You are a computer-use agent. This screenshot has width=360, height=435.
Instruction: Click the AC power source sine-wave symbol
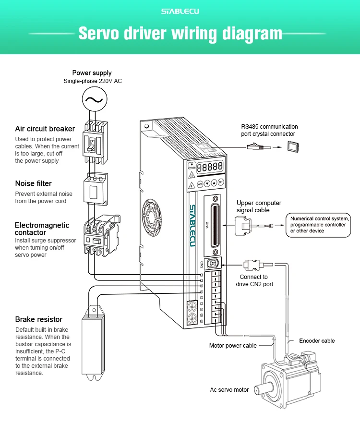coord(93,100)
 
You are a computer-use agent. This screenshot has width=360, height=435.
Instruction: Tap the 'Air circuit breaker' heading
coord(45,129)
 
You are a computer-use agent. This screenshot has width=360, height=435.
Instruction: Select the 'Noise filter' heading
coord(33,183)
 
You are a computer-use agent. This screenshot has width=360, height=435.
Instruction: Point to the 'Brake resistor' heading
coord(39,319)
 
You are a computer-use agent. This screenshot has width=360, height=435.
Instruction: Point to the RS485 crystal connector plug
coord(256,147)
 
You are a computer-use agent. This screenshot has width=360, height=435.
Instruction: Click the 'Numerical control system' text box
coord(318,224)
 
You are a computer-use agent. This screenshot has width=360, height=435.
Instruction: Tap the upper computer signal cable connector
coord(243,225)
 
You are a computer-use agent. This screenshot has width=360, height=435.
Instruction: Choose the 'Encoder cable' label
coord(317,340)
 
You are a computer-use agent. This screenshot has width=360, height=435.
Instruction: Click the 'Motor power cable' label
coord(233,346)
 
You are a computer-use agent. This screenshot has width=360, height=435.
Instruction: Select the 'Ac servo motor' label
coord(229,389)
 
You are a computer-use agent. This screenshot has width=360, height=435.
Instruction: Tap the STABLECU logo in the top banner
coord(180,11)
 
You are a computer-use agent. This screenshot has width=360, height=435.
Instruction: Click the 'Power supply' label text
coord(92,73)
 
